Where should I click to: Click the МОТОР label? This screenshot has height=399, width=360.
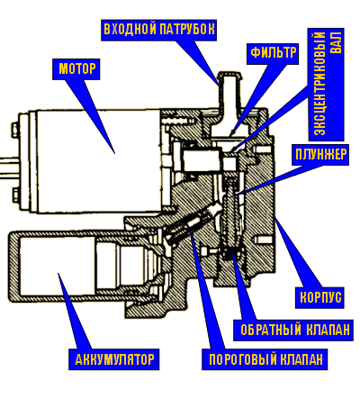coord(77,69)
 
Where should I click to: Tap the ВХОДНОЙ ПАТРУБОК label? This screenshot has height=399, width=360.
coord(159,29)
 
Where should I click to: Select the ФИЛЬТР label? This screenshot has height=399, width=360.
coord(274,52)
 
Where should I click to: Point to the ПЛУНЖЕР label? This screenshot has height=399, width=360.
coord(321,155)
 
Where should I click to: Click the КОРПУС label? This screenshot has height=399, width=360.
coord(320,297)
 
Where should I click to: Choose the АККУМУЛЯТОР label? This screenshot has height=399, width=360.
coord(114,359)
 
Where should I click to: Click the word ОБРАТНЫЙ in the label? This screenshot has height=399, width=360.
coord(271,330)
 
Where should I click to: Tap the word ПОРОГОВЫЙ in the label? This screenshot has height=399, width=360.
coord(243,359)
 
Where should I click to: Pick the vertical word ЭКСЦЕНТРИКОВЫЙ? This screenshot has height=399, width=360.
coord(319,84)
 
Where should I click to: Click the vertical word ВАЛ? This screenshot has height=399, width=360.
coord(336,41)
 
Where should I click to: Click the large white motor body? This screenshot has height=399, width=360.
coord(97,161)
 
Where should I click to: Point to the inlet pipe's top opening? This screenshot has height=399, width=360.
coord(229,74)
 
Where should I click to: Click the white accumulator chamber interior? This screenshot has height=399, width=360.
coord(57,265)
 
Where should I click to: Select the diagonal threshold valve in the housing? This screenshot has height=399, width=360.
coord(192,222)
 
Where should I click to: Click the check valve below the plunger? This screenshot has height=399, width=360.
coord(230,253)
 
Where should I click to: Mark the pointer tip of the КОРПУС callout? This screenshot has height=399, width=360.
coord(275,218)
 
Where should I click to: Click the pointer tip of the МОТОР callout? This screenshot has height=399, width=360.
coord(114,153)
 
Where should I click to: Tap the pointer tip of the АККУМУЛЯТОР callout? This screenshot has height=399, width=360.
coord(58,274)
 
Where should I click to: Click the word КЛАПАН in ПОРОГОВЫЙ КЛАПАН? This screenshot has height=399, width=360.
coord(301,359)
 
